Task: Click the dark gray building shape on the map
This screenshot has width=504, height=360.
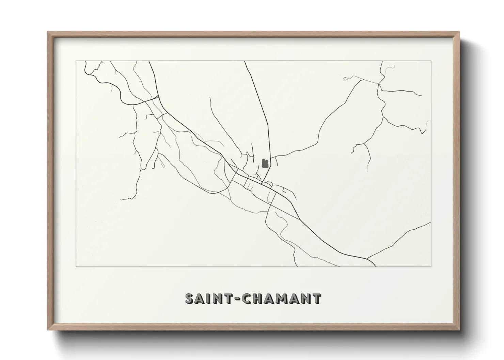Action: (265, 164)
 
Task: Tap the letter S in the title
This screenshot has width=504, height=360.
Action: (190, 298)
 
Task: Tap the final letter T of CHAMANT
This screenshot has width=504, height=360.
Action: (316, 298)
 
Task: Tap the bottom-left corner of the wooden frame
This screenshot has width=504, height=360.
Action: (48, 330)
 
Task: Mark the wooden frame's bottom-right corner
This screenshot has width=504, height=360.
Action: (459, 330)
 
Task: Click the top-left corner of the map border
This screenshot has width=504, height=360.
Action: (76, 61)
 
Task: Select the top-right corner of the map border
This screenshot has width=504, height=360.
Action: (431, 61)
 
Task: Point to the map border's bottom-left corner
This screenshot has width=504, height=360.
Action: (76, 266)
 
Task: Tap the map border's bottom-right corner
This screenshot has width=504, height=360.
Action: (431, 266)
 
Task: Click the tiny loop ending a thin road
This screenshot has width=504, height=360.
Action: (346, 79)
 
